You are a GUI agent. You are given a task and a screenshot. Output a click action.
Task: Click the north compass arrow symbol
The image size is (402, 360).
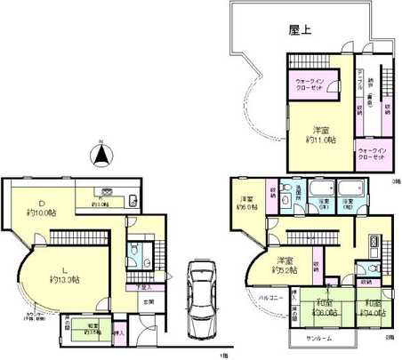(x=102, y=156)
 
